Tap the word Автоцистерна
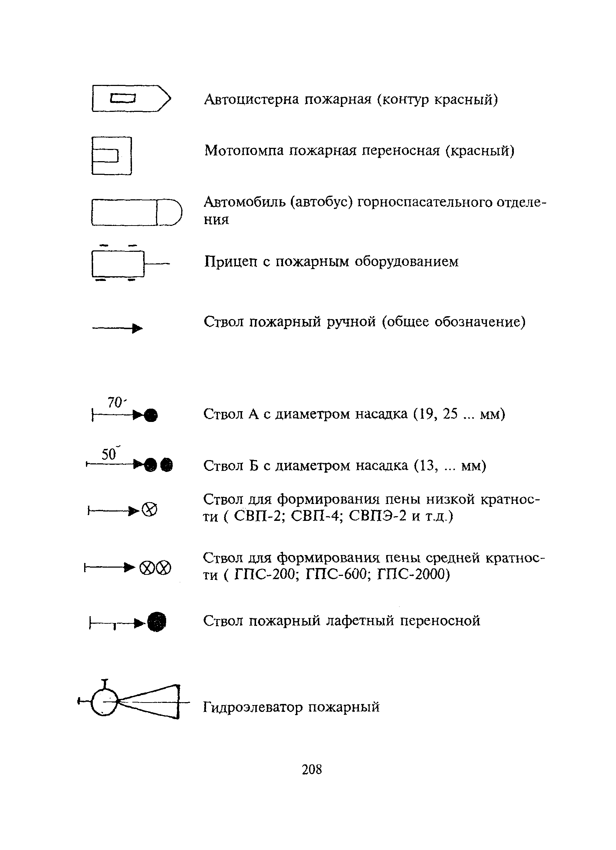pyautogui.click(x=251, y=99)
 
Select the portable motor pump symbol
pyautogui.click(x=112, y=155)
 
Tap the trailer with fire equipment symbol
pyautogui.click(x=118, y=264)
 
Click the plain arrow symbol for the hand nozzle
pyautogui.click(x=117, y=329)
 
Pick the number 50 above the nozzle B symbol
pyautogui.click(x=109, y=454)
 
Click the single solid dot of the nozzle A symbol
pyautogui.click(x=151, y=415)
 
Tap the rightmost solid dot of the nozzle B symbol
pyautogui.click(x=166, y=465)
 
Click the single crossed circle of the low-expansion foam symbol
pyautogui.click(x=150, y=510)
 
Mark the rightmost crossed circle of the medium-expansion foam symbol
pyautogui.click(x=164, y=568)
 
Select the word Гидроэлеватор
pyautogui.click(x=253, y=707)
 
